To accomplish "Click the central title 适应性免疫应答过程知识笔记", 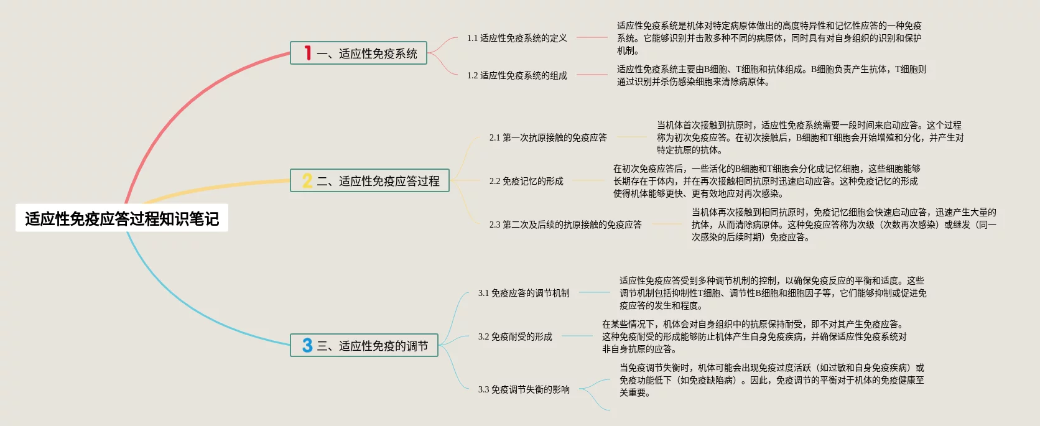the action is [122, 218].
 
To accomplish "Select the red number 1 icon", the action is [307, 53].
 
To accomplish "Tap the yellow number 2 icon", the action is [307, 180].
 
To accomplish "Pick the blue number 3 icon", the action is [307, 345].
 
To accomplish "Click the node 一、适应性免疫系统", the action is [366, 53].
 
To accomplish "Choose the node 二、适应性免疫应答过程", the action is [378, 181].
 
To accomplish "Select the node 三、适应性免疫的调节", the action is [372, 346].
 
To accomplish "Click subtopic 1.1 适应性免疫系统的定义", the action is [517, 38].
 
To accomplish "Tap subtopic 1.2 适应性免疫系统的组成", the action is [517, 75].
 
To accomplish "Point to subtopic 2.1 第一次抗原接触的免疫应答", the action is [548, 137].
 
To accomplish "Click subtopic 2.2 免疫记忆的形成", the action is [526, 181].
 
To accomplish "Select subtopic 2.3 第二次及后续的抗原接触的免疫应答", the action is [565, 225].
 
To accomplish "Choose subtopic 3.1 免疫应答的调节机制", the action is [524, 293].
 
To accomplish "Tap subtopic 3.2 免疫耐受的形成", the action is [515, 336].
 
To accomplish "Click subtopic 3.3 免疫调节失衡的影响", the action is [524, 389].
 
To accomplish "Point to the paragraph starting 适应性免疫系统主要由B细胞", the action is [771, 75].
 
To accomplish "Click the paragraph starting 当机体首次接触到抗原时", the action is [810, 137].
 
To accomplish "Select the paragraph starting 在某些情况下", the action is [754, 336].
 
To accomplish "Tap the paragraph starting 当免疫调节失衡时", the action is [771, 380].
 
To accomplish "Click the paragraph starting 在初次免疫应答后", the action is [766, 181].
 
